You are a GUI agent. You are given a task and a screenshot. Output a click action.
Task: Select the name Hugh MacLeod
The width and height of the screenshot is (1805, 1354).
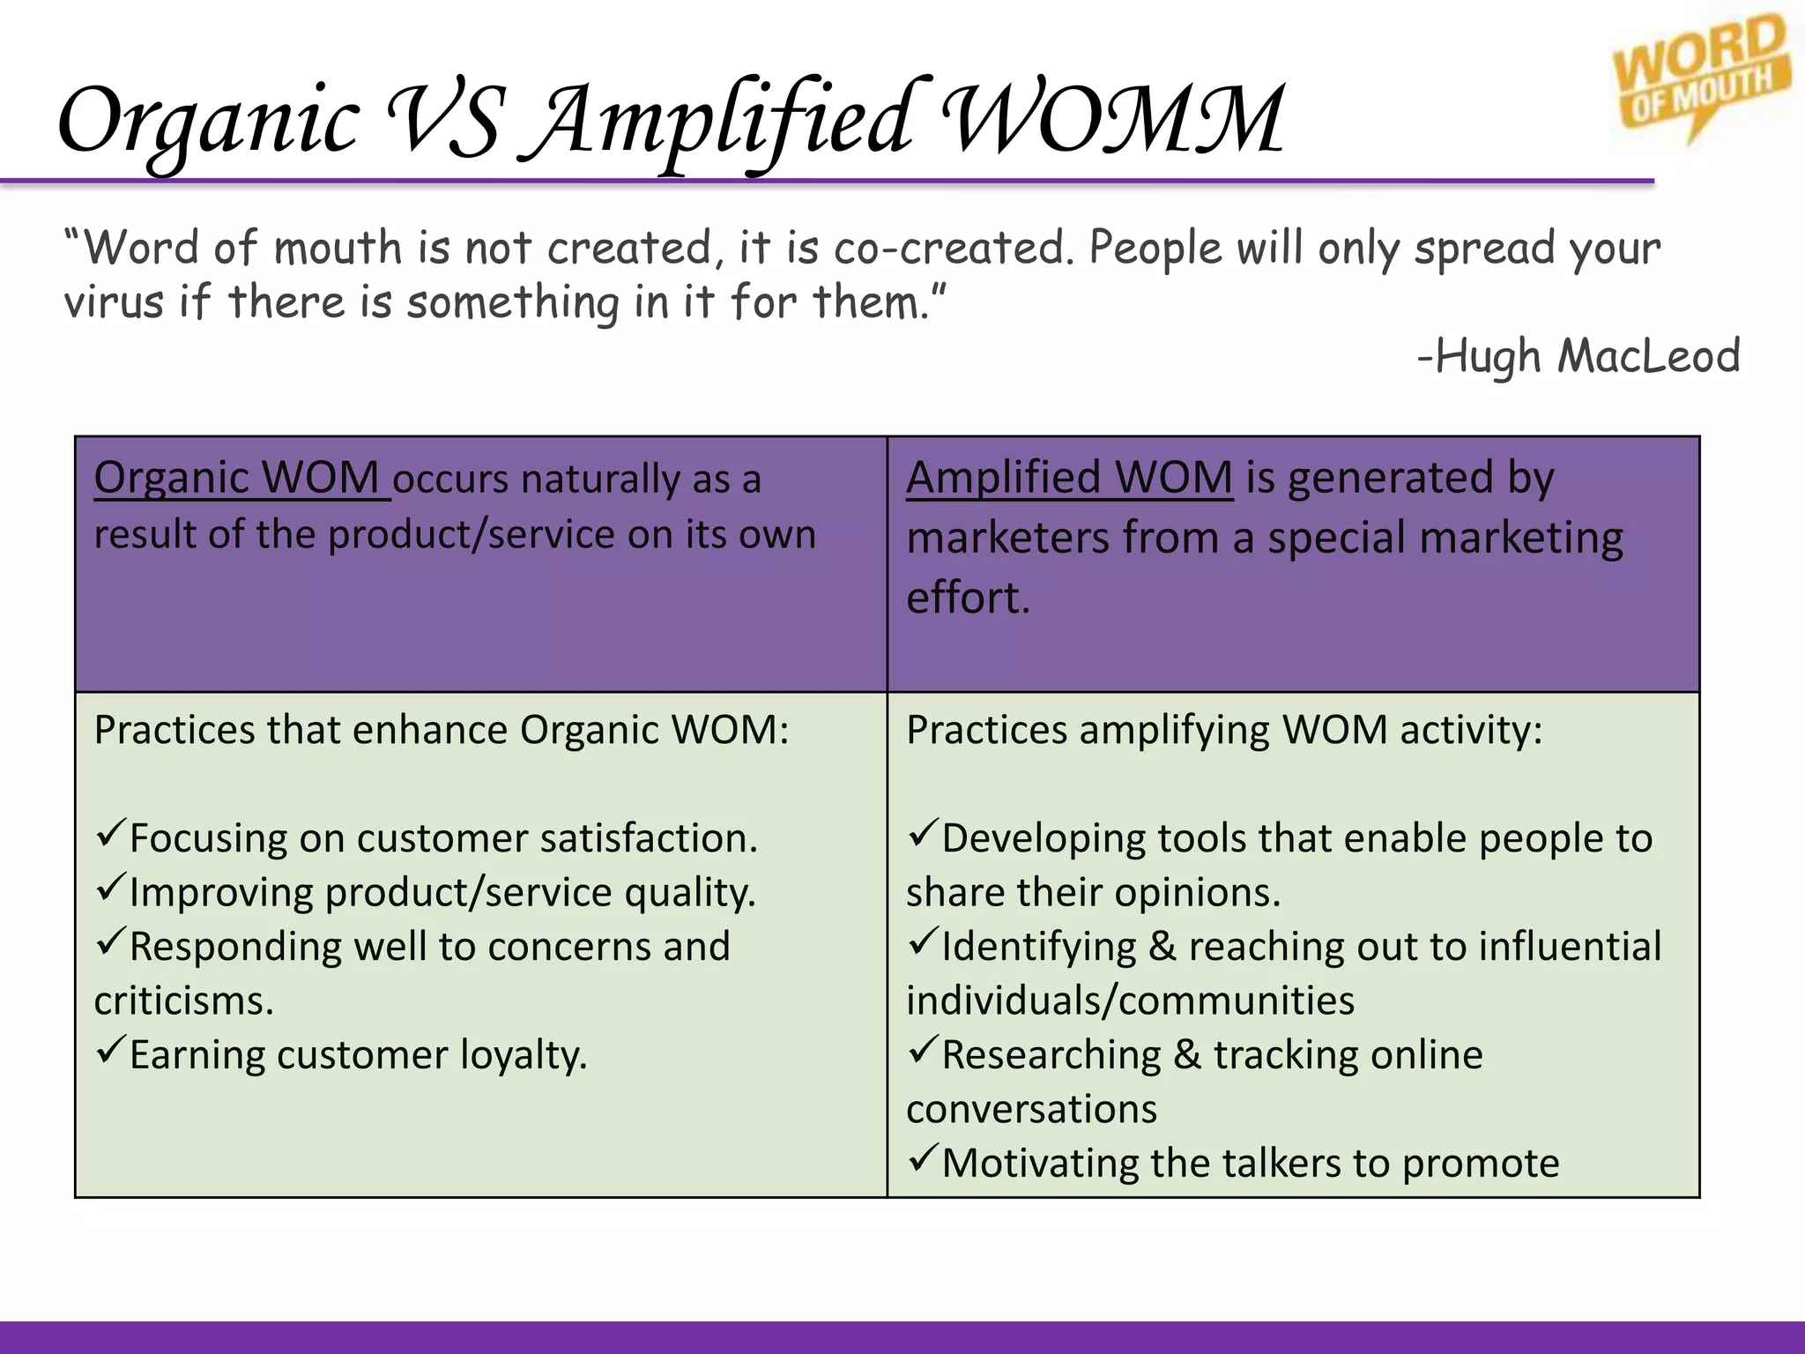tap(1586, 357)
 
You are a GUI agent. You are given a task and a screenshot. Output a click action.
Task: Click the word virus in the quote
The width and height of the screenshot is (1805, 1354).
tap(114, 302)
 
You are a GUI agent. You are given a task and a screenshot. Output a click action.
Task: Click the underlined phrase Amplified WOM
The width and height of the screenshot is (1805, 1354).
tap(1069, 479)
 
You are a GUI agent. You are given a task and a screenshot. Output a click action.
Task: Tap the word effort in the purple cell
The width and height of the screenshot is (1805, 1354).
tap(967, 599)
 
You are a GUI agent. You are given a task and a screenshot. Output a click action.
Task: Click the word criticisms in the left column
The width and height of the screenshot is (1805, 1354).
tap(183, 1001)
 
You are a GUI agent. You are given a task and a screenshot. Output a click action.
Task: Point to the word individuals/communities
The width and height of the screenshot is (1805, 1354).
tap(1130, 1001)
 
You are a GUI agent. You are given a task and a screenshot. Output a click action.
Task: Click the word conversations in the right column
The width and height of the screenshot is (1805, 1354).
tap(1031, 1110)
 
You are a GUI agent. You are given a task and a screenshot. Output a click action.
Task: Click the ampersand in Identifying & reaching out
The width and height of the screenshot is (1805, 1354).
tap(1162, 948)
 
